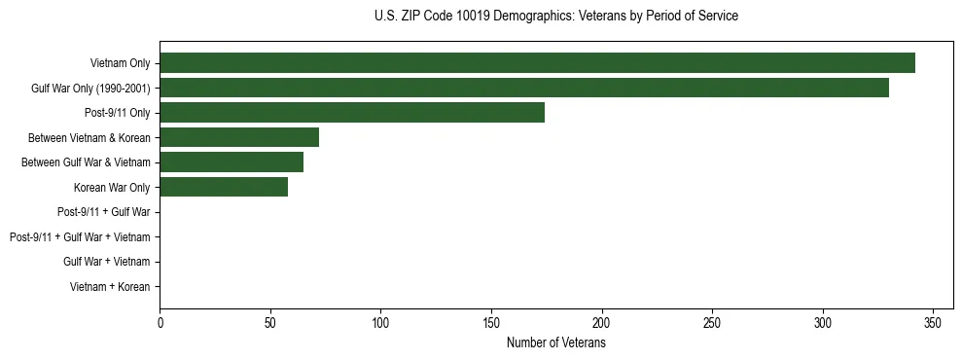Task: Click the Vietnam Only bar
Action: pos(537,63)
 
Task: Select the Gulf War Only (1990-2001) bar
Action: pos(524,88)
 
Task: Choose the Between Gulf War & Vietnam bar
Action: pos(232,162)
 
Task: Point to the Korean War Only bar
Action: pos(224,187)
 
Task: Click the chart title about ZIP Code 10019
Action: pos(555,17)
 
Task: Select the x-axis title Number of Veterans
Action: pos(555,343)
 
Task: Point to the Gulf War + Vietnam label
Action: pos(106,262)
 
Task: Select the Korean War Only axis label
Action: pos(112,187)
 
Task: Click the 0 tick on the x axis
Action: pos(160,323)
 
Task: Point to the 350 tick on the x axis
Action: pos(934,323)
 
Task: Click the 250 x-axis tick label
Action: pos(713,323)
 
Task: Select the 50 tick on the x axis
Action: pos(270,323)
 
